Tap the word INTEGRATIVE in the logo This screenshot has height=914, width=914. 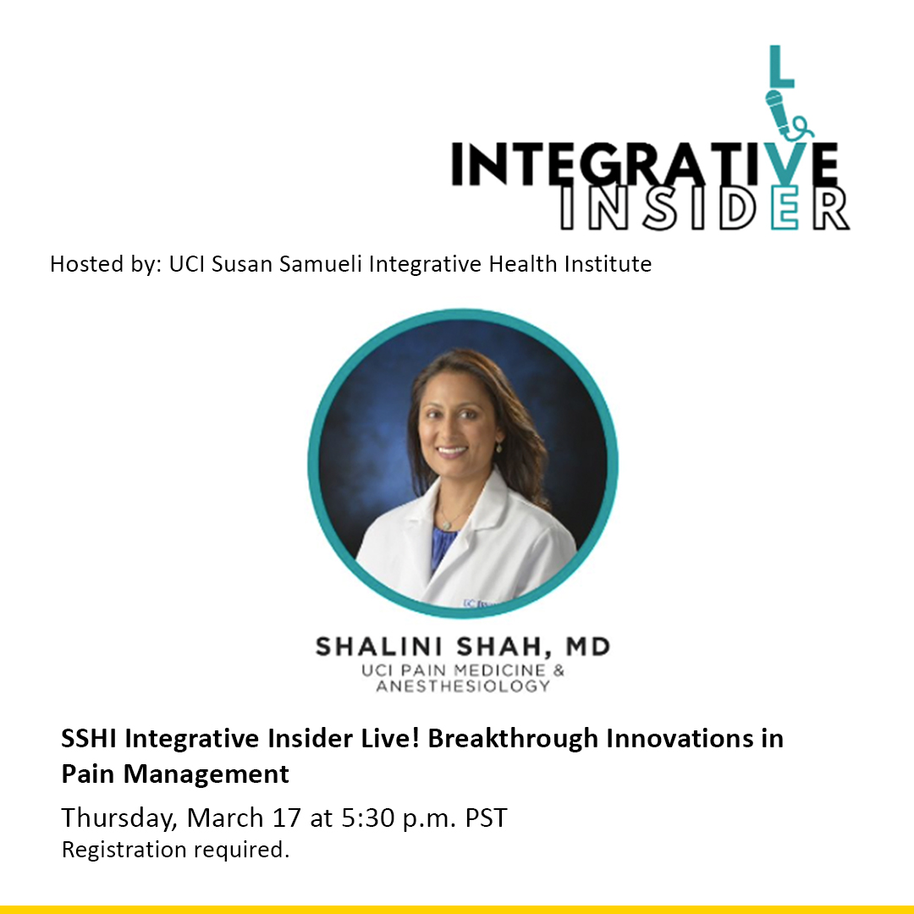(643, 164)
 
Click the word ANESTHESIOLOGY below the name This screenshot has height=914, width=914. (463, 686)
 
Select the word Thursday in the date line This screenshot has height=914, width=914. (118, 818)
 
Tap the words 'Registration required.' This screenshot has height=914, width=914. (175, 850)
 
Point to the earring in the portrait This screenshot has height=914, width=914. (498, 446)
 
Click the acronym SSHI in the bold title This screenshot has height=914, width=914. (90, 739)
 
